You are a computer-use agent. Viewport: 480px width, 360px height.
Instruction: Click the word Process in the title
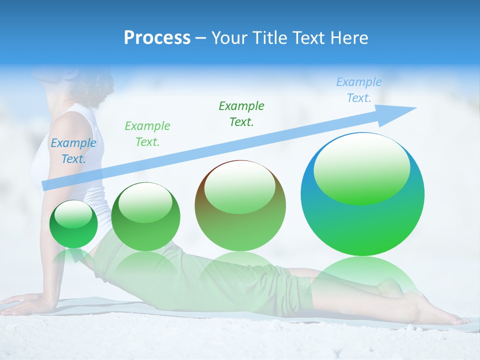(157, 38)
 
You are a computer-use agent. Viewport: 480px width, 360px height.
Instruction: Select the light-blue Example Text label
(358, 90)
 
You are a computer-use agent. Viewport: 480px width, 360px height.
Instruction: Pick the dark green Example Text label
(241, 113)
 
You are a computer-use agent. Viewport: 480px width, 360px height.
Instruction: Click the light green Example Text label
(147, 133)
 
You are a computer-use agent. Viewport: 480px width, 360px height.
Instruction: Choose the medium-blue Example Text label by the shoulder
(73, 151)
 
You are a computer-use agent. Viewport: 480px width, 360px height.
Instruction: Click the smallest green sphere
(73, 224)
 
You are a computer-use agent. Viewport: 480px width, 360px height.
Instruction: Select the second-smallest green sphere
(145, 217)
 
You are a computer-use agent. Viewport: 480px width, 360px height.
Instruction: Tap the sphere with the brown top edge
(240, 206)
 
